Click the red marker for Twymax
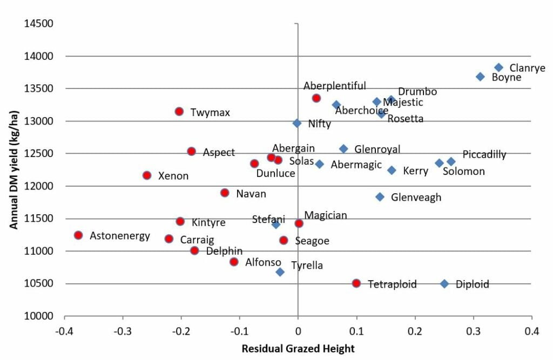179,111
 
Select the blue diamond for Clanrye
498,67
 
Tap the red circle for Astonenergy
78,235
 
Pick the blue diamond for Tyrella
280,272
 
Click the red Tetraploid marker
356,283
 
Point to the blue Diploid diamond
444,284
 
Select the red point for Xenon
147,175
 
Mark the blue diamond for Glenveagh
380,197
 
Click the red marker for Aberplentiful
316,98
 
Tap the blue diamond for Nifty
297,123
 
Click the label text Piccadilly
484,155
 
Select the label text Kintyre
208,222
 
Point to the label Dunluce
275,173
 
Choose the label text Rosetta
405,119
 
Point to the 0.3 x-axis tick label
474,330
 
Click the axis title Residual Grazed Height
298,349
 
